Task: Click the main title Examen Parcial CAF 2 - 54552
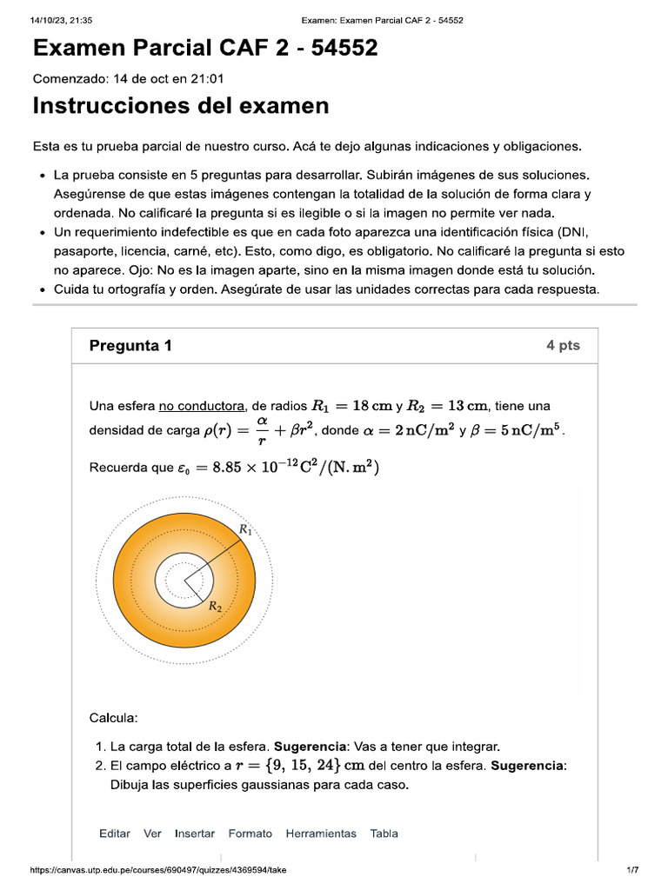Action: tap(205, 49)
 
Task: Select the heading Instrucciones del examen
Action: tap(181, 106)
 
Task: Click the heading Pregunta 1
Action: tap(130, 346)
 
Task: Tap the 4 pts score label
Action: tap(563, 346)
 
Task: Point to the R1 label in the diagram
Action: tap(245, 528)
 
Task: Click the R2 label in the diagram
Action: tap(216, 607)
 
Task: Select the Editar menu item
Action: tap(115, 834)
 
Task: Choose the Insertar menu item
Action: tap(195, 834)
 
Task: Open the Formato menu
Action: tap(250, 834)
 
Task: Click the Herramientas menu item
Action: tap(321, 834)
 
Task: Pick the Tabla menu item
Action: tap(384, 834)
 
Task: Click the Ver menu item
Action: tap(153, 834)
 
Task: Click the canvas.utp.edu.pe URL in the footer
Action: tap(157, 870)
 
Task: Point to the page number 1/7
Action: tap(632, 870)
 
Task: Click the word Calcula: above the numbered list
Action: tap(114, 718)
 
